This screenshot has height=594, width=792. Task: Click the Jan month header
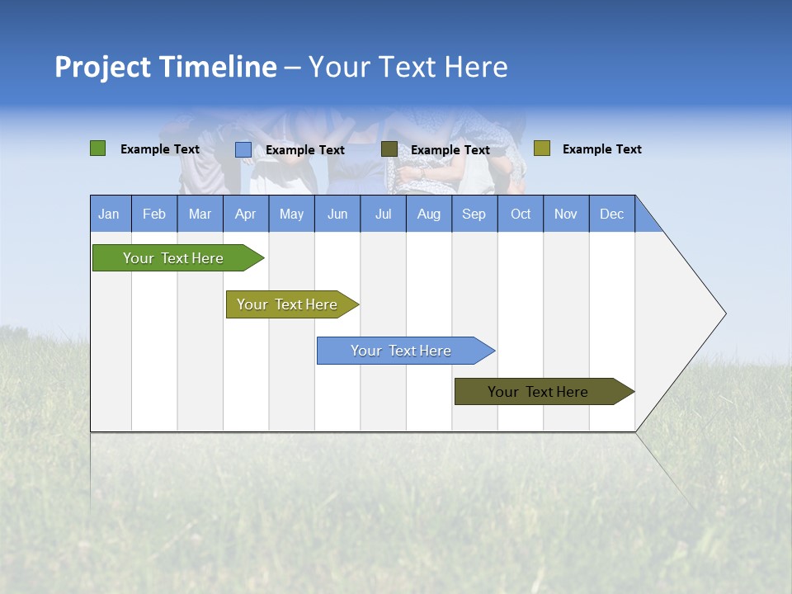click(x=110, y=214)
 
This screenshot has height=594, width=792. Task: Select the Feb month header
click(x=154, y=214)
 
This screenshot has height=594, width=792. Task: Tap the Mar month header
click(x=200, y=214)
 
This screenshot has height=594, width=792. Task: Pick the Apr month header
click(x=246, y=214)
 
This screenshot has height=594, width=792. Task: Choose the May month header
click(x=291, y=214)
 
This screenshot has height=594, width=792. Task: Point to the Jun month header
click(x=337, y=214)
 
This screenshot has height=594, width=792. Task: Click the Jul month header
click(x=383, y=214)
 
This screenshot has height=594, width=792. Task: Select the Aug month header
click(x=429, y=214)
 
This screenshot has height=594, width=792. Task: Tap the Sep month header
click(x=474, y=214)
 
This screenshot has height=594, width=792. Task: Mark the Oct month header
click(x=521, y=214)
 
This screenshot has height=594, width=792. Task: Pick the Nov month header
click(x=566, y=214)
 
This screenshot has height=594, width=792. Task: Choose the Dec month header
click(x=612, y=214)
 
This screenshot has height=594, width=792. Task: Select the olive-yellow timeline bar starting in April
click(x=288, y=304)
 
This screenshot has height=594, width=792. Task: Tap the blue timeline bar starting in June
click(x=402, y=351)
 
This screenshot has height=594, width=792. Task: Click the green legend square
click(x=98, y=148)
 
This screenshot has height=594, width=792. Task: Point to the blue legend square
click(x=243, y=149)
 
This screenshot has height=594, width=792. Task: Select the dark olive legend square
click(x=389, y=149)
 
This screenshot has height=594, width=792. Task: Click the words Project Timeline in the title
click(x=166, y=67)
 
